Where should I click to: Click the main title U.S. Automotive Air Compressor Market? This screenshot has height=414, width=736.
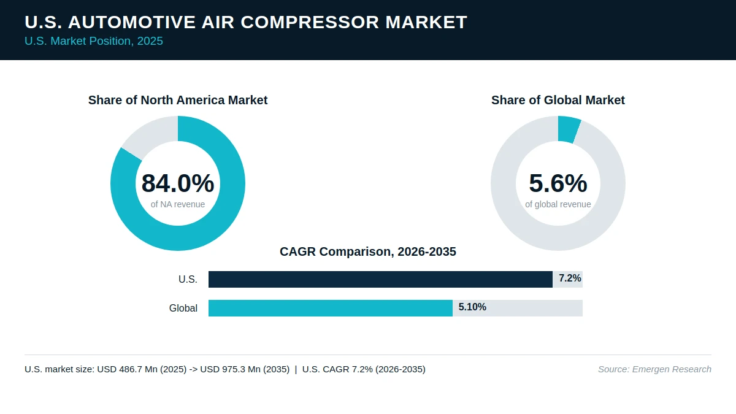(x=246, y=22)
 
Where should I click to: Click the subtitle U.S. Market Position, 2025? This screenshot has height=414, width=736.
(x=94, y=41)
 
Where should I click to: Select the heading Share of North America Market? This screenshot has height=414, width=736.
(x=178, y=100)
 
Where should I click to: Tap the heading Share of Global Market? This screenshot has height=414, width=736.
(x=558, y=100)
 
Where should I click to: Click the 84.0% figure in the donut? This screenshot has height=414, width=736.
(x=178, y=183)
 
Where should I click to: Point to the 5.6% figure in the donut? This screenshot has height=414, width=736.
(x=558, y=183)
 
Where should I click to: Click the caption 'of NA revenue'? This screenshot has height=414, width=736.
(x=178, y=204)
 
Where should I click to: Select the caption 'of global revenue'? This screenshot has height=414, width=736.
(x=558, y=204)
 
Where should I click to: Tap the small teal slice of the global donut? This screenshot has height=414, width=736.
(x=569, y=129)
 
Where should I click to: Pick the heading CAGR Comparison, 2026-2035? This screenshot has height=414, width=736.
(x=368, y=251)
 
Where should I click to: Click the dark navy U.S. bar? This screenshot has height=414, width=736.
(x=380, y=279)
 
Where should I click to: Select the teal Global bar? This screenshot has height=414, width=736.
(x=331, y=308)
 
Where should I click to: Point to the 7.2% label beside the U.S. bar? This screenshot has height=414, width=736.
(x=570, y=278)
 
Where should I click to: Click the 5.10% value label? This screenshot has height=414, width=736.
(x=472, y=307)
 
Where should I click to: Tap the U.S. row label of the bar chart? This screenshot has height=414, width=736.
(x=188, y=279)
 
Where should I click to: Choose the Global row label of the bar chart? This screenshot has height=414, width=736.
(x=183, y=308)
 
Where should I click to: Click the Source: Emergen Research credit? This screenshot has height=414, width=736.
(x=654, y=369)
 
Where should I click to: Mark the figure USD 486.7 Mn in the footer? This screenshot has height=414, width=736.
(x=127, y=369)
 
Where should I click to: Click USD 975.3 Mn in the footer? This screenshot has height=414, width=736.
(x=230, y=369)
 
